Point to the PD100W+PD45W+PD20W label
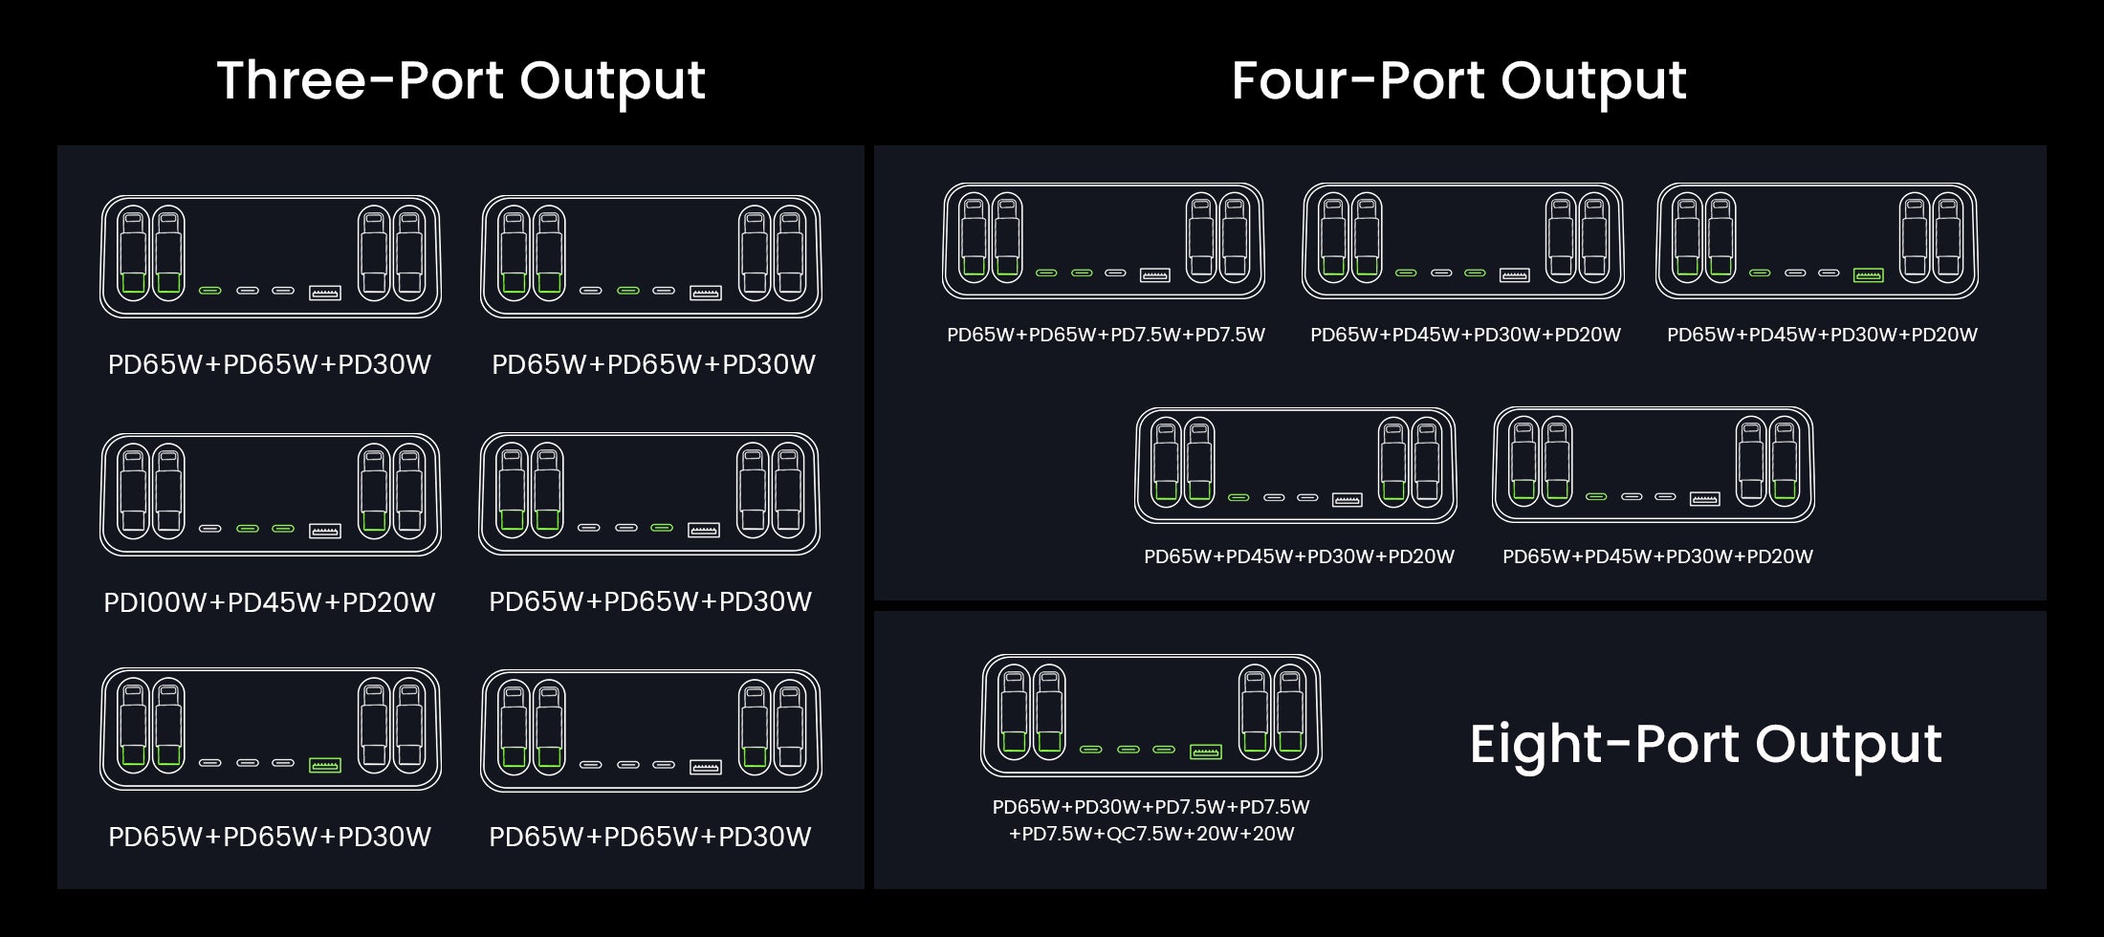pos(270,602)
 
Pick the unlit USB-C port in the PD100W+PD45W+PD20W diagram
pos(210,529)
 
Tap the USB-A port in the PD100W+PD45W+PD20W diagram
pos(325,531)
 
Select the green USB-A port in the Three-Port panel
pos(325,766)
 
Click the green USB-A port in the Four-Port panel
pos(1868,275)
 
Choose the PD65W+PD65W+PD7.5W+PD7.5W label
pos(1106,335)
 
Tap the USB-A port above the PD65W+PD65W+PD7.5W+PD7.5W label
pos(1154,275)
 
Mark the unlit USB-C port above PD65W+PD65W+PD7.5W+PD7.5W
pos(1116,273)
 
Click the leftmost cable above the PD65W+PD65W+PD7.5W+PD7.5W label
pos(973,237)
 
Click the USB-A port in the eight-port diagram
pos(1205,752)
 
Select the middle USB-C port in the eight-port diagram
pos(1129,750)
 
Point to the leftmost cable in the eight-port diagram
pos(1014,711)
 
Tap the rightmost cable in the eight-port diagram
pos(1289,711)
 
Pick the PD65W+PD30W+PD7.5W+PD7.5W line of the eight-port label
pos(1151,807)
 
